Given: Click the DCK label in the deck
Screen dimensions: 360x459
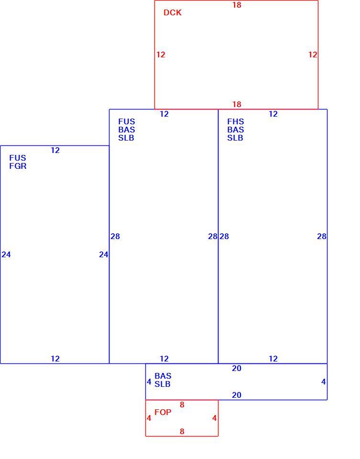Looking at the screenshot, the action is [173, 12].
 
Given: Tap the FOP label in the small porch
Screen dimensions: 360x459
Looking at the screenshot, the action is [163, 412].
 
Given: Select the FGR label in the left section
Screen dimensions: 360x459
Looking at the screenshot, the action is [18, 166].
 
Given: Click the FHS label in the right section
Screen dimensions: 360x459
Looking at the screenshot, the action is [236, 121].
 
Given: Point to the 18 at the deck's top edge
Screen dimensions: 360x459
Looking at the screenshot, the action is [237, 5].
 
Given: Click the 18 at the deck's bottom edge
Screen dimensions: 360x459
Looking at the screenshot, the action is [237, 104].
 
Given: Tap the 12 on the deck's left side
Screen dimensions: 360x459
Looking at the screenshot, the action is [161, 55].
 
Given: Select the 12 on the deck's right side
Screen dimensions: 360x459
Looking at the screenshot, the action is [313, 55].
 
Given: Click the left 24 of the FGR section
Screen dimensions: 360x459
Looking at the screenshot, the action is [6, 255].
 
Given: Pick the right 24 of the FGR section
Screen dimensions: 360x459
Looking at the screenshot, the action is [104, 255].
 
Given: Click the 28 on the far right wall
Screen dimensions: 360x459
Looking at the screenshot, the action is [322, 236].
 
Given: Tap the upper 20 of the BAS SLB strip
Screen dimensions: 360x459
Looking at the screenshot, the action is [237, 368].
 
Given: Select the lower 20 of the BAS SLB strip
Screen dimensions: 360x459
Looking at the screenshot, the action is [237, 395].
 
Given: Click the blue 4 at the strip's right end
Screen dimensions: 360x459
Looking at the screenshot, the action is [323, 382].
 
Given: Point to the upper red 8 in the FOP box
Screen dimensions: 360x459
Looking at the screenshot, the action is [182, 405].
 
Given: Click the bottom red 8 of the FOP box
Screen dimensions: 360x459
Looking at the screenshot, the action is [182, 431].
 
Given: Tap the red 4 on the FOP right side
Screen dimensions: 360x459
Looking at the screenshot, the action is [215, 418].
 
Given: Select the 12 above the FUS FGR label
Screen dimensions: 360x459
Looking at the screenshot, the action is [55, 151].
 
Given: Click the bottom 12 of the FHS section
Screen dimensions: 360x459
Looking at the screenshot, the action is [273, 359].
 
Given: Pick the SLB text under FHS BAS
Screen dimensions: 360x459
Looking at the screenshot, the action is [235, 138].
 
